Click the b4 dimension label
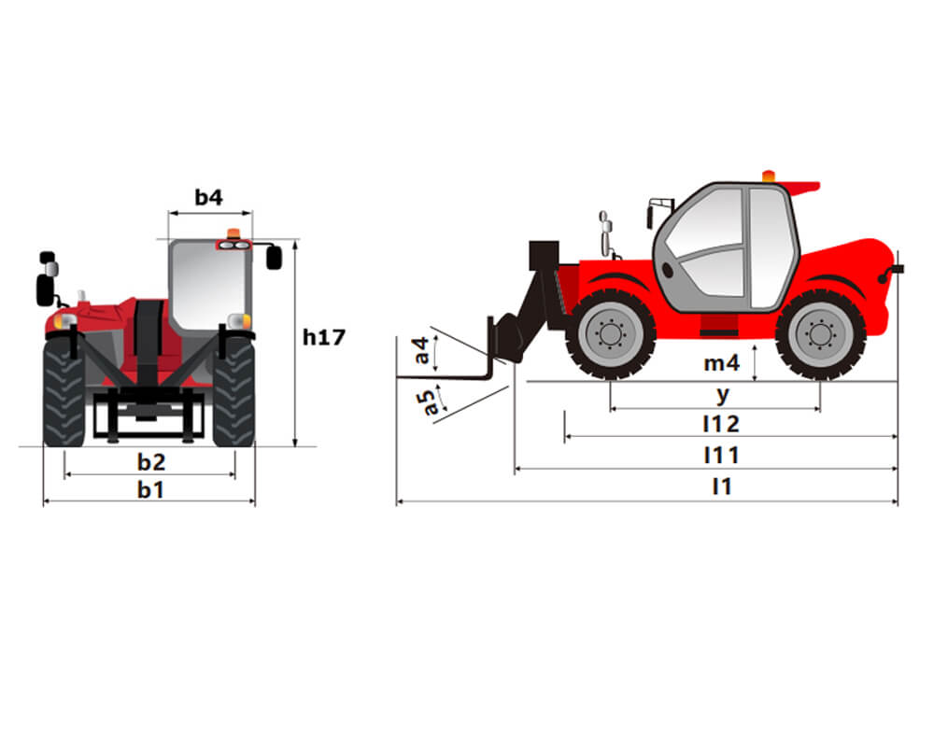pyautogui.click(x=208, y=197)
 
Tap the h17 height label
pyautogui.click(x=324, y=337)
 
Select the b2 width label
pyautogui.click(x=151, y=461)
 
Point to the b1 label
pyautogui.click(x=150, y=489)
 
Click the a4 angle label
pyautogui.click(x=421, y=350)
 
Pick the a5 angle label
pyautogui.click(x=427, y=402)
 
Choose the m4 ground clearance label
pyautogui.click(x=721, y=363)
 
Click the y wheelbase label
pyautogui.click(x=723, y=394)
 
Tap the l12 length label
pyautogui.click(x=721, y=424)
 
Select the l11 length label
pyautogui.click(x=721, y=456)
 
